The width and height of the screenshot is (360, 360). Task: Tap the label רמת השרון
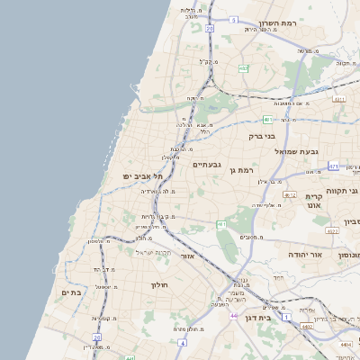click(x=277, y=23)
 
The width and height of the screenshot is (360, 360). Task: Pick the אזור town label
click(x=188, y=256)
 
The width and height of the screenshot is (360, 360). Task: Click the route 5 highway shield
click(x=234, y=19)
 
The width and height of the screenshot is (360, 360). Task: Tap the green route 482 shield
click(x=243, y=67)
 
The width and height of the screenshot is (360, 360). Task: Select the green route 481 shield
click(x=267, y=118)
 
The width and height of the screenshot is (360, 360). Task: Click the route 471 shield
click(x=334, y=166)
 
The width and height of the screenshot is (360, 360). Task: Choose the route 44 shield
click(x=233, y=316)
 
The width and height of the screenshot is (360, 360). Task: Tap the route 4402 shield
click(x=308, y=327)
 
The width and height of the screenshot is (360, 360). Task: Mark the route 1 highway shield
click(x=286, y=317)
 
